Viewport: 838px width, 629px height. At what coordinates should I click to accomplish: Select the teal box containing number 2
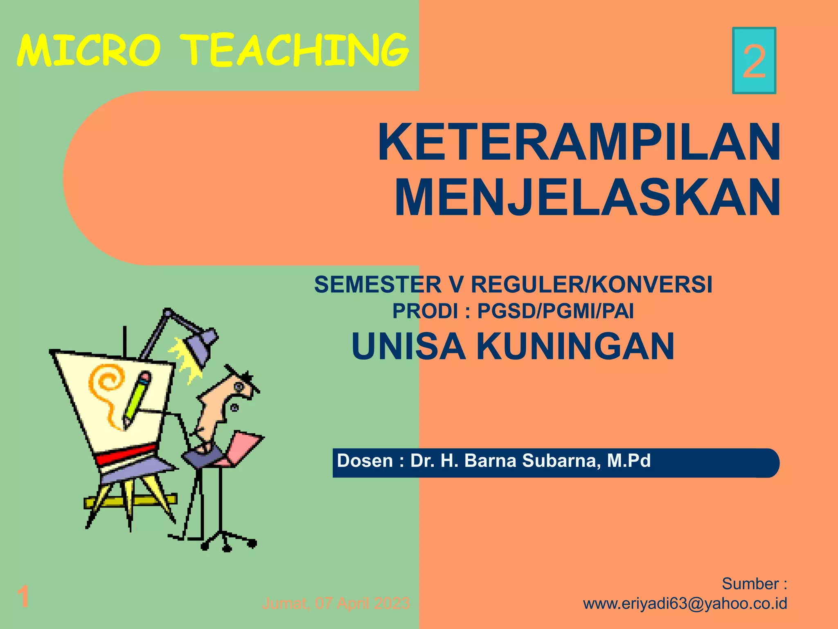click(x=754, y=61)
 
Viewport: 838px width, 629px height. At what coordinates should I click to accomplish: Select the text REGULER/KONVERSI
click(x=592, y=285)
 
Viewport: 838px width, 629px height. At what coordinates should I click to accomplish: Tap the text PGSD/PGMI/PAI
click(x=556, y=311)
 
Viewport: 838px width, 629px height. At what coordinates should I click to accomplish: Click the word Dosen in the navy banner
click(x=365, y=461)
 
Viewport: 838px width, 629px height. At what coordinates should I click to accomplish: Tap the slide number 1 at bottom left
click(x=23, y=597)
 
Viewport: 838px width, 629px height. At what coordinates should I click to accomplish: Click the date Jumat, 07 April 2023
click(x=336, y=604)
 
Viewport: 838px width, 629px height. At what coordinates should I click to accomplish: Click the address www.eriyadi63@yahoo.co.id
click(x=685, y=604)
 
